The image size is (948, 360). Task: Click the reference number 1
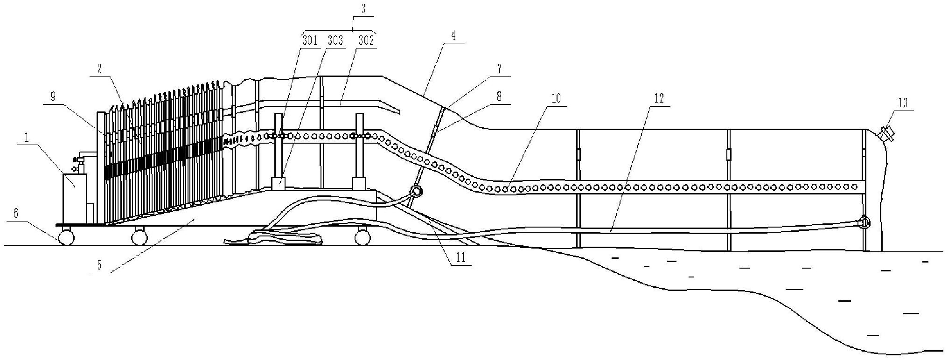pyautogui.click(x=27, y=138)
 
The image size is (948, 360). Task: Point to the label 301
pyautogui.click(x=310, y=40)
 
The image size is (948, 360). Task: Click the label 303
pyautogui.click(x=335, y=40)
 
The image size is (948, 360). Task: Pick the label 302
pyautogui.click(x=366, y=40)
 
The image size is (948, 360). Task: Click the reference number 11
pyautogui.click(x=460, y=258)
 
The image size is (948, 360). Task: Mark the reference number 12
pyautogui.click(x=659, y=98)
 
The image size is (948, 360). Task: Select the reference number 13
pyautogui.click(x=903, y=103)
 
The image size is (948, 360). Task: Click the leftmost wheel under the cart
pyautogui.click(x=66, y=237)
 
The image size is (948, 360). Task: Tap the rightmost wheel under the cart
pyautogui.click(x=362, y=238)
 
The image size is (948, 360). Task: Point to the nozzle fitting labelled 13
pyautogui.click(x=885, y=134)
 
